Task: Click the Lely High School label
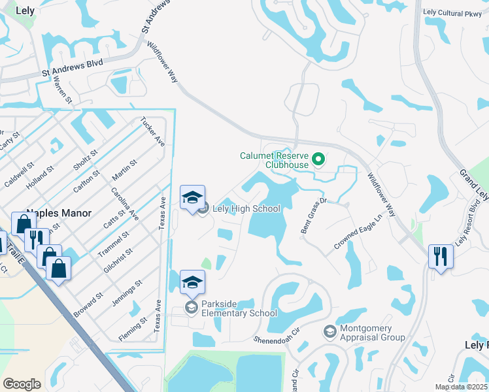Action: coord(247,208)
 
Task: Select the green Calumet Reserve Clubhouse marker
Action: coord(318,158)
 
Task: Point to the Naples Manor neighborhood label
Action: coord(58,214)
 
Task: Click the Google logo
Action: coord(22,384)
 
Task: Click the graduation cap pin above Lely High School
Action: coord(192,198)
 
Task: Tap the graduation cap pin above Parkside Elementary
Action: coord(192,283)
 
